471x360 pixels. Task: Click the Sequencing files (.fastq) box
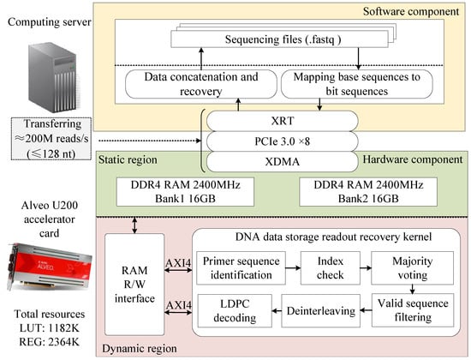tap(279, 39)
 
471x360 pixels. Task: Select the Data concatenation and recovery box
tap(201, 84)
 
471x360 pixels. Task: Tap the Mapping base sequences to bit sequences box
tap(357, 84)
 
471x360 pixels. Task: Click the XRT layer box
tap(283, 121)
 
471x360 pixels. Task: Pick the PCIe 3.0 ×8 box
tap(283, 141)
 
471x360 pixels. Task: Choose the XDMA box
tap(283, 161)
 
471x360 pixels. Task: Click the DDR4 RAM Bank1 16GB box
tap(185, 192)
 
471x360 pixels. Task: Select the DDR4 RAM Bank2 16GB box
tap(368, 192)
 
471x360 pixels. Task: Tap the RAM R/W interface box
tap(134, 285)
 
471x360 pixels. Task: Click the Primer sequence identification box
tap(241, 268)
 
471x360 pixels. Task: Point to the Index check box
tap(330, 268)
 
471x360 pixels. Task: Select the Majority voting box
tap(412, 268)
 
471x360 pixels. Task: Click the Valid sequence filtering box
tap(413, 310)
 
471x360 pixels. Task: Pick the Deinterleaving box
tap(320, 310)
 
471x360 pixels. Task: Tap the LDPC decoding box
tap(235, 310)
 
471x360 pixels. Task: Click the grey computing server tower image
tap(54, 78)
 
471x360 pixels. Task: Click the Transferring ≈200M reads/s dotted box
tap(51, 139)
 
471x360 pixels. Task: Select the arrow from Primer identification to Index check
tap(293, 267)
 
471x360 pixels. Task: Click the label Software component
tap(411, 11)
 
